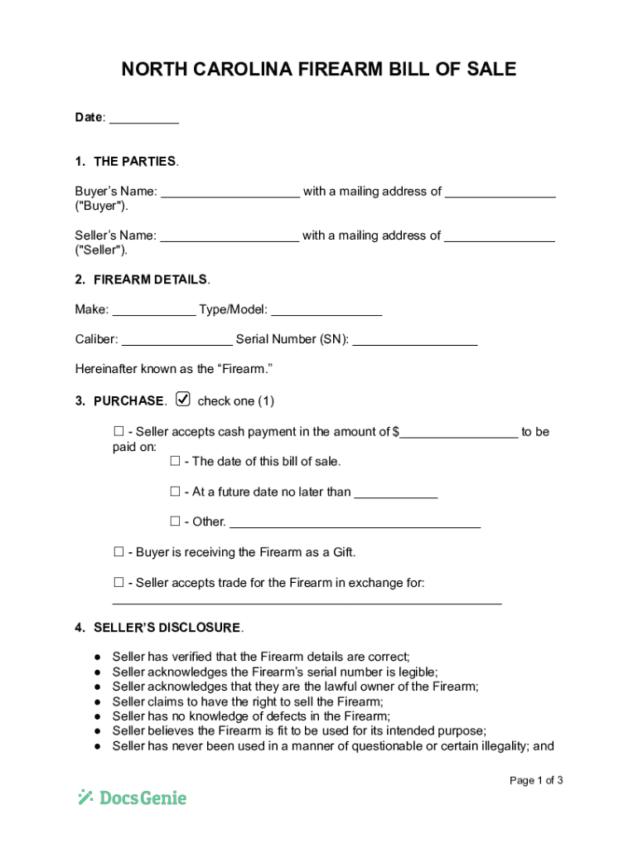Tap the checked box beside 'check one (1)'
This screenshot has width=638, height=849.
183,400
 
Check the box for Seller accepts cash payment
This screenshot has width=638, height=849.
118,431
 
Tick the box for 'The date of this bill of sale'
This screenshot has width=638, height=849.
175,461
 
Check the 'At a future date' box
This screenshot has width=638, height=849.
175,492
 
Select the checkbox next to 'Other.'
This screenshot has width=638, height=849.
175,522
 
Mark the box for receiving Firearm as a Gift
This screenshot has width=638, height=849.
118,552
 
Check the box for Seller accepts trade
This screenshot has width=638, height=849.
118,583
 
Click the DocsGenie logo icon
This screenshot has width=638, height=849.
85,798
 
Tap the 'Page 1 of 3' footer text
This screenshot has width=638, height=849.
536,780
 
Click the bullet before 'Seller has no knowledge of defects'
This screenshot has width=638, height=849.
97,716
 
